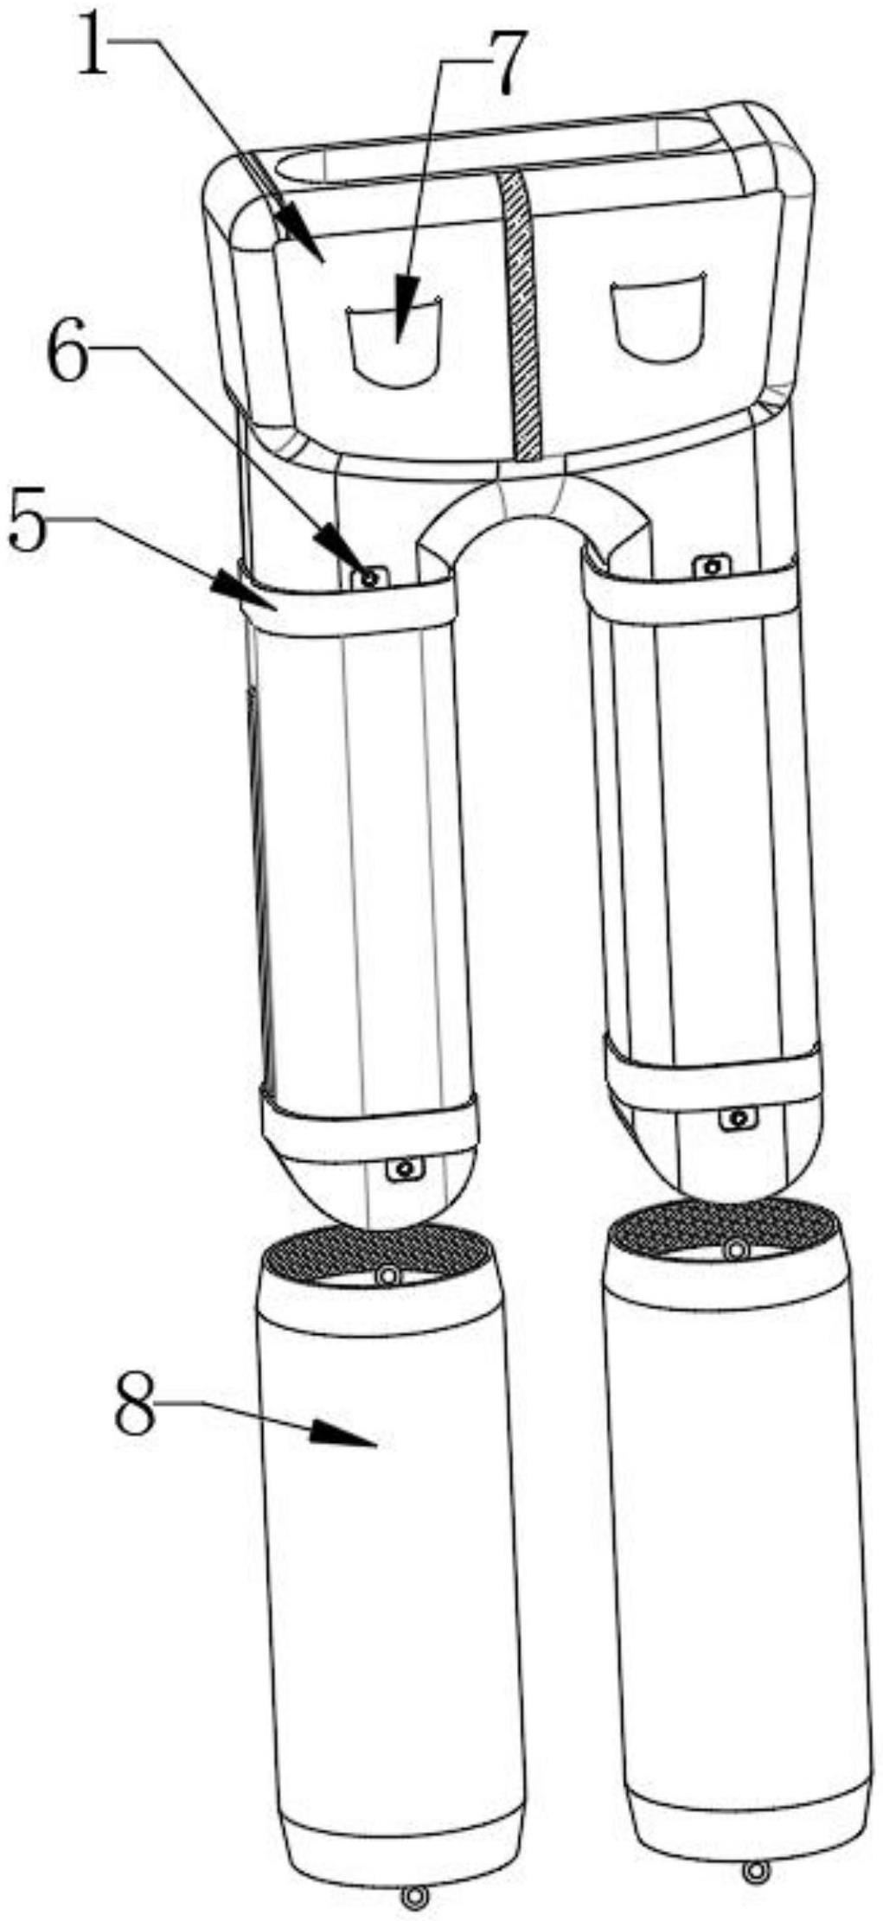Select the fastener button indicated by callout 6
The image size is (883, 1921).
[370, 578]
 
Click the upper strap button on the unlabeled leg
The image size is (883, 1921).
[713, 567]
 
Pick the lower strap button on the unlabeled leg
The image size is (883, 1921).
[738, 1119]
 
